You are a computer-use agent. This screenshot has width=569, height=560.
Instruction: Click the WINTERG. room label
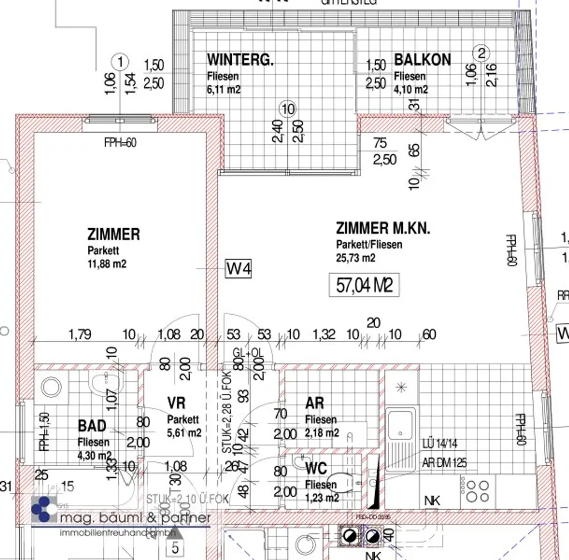click(x=240, y=60)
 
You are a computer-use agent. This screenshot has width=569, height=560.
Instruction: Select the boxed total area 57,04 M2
click(x=365, y=286)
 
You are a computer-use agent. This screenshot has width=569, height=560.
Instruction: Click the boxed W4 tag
click(x=239, y=270)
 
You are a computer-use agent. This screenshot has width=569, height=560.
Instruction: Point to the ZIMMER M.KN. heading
click(x=383, y=228)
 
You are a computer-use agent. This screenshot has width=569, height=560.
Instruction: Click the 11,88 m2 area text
click(x=107, y=264)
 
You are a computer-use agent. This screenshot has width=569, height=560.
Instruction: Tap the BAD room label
click(x=92, y=426)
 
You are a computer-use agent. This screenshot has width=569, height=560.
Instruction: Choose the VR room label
click(x=176, y=403)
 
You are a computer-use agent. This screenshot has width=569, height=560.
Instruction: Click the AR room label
click(x=315, y=403)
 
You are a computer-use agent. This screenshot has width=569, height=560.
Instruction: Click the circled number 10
click(x=288, y=109)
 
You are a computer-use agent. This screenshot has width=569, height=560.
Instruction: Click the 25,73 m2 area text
click(x=356, y=258)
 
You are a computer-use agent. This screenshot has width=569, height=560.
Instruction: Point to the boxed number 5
click(x=176, y=549)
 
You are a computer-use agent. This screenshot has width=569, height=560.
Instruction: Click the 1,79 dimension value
click(x=80, y=335)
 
